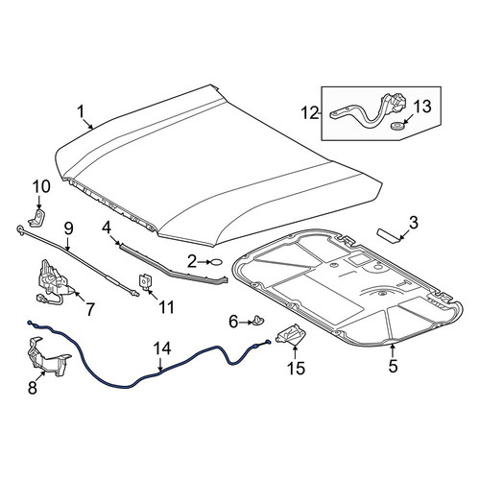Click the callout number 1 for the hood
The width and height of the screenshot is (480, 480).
click(81, 111)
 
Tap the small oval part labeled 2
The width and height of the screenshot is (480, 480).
click(216, 262)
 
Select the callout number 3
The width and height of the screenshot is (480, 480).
click(414, 223)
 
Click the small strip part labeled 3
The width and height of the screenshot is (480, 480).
click(389, 235)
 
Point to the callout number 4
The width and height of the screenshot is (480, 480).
click(107, 228)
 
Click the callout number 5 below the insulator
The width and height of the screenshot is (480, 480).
click(393, 366)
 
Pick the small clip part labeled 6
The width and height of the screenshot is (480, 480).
click(258, 320)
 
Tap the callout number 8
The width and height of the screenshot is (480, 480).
click(33, 388)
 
